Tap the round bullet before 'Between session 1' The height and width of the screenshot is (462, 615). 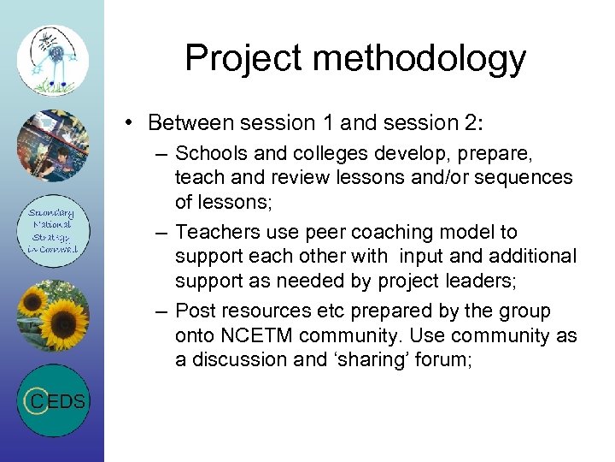pyautogui.click(x=126, y=123)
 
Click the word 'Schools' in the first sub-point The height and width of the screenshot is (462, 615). pyautogui.click(x=209, y=153)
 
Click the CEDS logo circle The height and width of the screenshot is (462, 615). pyautogui.click(x=52, y=400)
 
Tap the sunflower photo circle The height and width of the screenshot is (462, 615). pyautogui.click(x=52, y=314)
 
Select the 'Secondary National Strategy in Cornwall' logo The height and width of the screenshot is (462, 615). pyautogui.click(x=52, y=230)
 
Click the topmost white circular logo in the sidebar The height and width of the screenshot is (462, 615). pyautogui.click(x=52, y=60)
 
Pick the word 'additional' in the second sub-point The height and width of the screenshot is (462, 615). pyautogui.click(x=535, y=256)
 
